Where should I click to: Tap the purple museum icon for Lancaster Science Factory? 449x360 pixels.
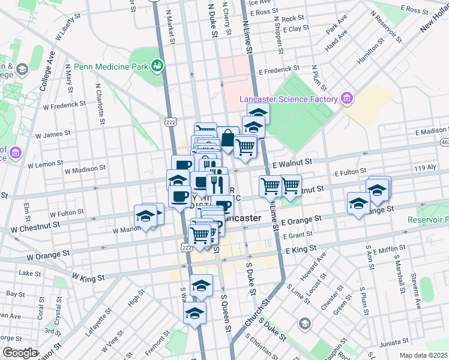pyautogui.click(x=346, y=98)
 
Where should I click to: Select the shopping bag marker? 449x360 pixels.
pyautogui.click(x=228, y=139)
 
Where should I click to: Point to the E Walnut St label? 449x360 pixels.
pyautogui.click(x=292, y=162)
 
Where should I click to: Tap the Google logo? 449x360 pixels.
pyautogui.click(x=20, y=353)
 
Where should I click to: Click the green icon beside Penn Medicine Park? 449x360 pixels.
pyautogui.click(x=158, y=65)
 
